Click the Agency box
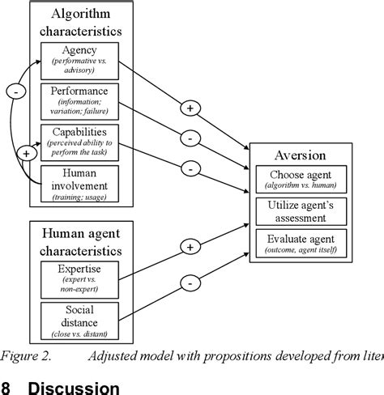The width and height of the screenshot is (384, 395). click(x=79, y=58)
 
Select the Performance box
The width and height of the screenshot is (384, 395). click(x=79, y=100)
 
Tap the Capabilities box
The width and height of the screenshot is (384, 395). click(x=79, y=141)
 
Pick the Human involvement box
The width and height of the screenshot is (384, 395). click(x=79, y=183)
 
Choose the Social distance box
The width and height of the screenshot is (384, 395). click(x=79, y=321)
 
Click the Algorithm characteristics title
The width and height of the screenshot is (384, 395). click(x=79, y=22)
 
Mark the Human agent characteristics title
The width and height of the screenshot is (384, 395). click(x=79, y=242)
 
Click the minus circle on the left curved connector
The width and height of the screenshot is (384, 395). click(x=15, y=93)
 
